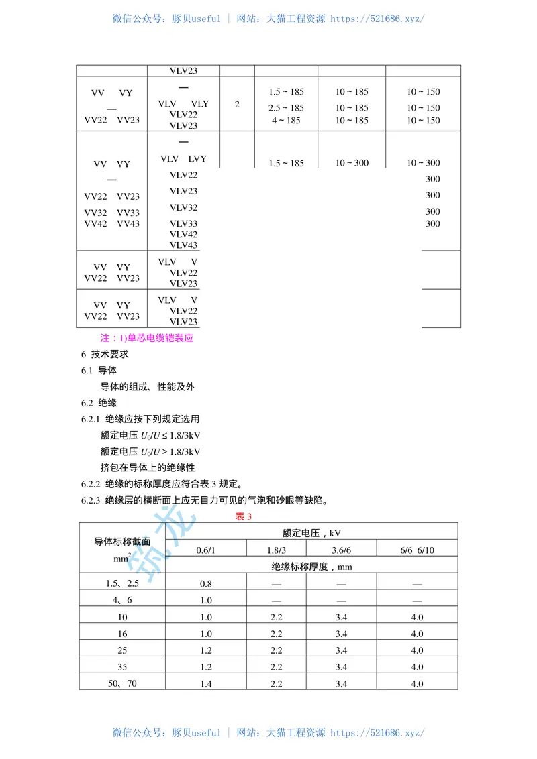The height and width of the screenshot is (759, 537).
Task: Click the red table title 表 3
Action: point(243,516)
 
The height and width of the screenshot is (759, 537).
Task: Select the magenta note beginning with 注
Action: point(146,338)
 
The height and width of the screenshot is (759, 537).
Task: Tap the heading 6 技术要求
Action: point(105,354)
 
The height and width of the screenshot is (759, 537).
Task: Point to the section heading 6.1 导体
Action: point(99,370)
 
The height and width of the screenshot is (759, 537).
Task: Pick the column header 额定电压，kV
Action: point(311,534)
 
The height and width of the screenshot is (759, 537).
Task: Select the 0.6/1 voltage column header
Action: point(205,550)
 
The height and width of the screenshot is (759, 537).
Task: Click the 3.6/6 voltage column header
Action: point(341,550)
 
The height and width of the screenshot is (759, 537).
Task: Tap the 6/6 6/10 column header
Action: point(417,550)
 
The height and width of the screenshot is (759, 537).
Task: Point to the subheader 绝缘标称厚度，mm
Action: point(311,567)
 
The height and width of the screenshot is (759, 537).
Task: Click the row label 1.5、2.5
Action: point(121,583)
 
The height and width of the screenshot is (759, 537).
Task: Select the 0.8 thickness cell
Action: point(205,583)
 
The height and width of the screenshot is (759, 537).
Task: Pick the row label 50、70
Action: point(121,683)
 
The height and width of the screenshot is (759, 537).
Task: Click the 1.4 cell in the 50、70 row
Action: point(205,683)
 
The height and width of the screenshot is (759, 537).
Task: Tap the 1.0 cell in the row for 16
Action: point(205,634)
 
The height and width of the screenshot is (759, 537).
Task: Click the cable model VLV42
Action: point(183,235)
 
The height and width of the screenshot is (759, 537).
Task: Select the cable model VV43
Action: point(128,224)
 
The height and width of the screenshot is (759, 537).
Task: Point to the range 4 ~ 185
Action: point(286,121)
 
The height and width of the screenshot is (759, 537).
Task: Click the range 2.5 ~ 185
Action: point(286,108)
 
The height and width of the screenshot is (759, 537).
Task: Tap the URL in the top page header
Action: point(378,19)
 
